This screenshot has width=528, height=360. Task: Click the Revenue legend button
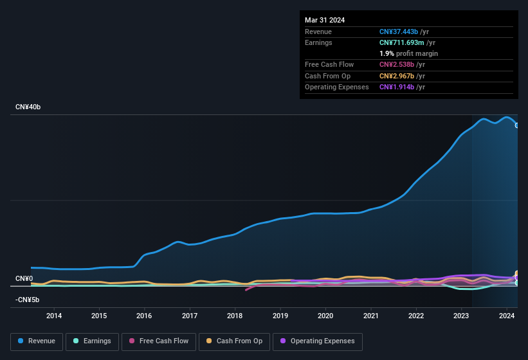point(37,341)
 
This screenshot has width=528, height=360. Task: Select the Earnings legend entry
point(91,341)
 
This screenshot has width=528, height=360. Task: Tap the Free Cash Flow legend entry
point(159,341)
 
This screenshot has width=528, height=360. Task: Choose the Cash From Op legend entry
point(234,341)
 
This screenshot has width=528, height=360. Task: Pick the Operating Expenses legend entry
point(317,341)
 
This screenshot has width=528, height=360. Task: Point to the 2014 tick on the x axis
point(54,316)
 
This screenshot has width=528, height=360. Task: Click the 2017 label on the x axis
point(190,316)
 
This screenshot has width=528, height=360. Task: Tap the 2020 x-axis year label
point(325,316)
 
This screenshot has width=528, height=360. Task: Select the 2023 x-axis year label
point(461,316)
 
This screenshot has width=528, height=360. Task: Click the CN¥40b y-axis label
point(28,107)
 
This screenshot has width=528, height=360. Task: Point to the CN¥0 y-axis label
point(24,279)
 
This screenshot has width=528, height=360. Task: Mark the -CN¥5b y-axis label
point(28,300)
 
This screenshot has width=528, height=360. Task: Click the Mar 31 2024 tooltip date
point(325,20)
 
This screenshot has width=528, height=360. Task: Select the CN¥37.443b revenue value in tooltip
point(399,32)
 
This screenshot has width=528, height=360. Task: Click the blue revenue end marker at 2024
point(517,125)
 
